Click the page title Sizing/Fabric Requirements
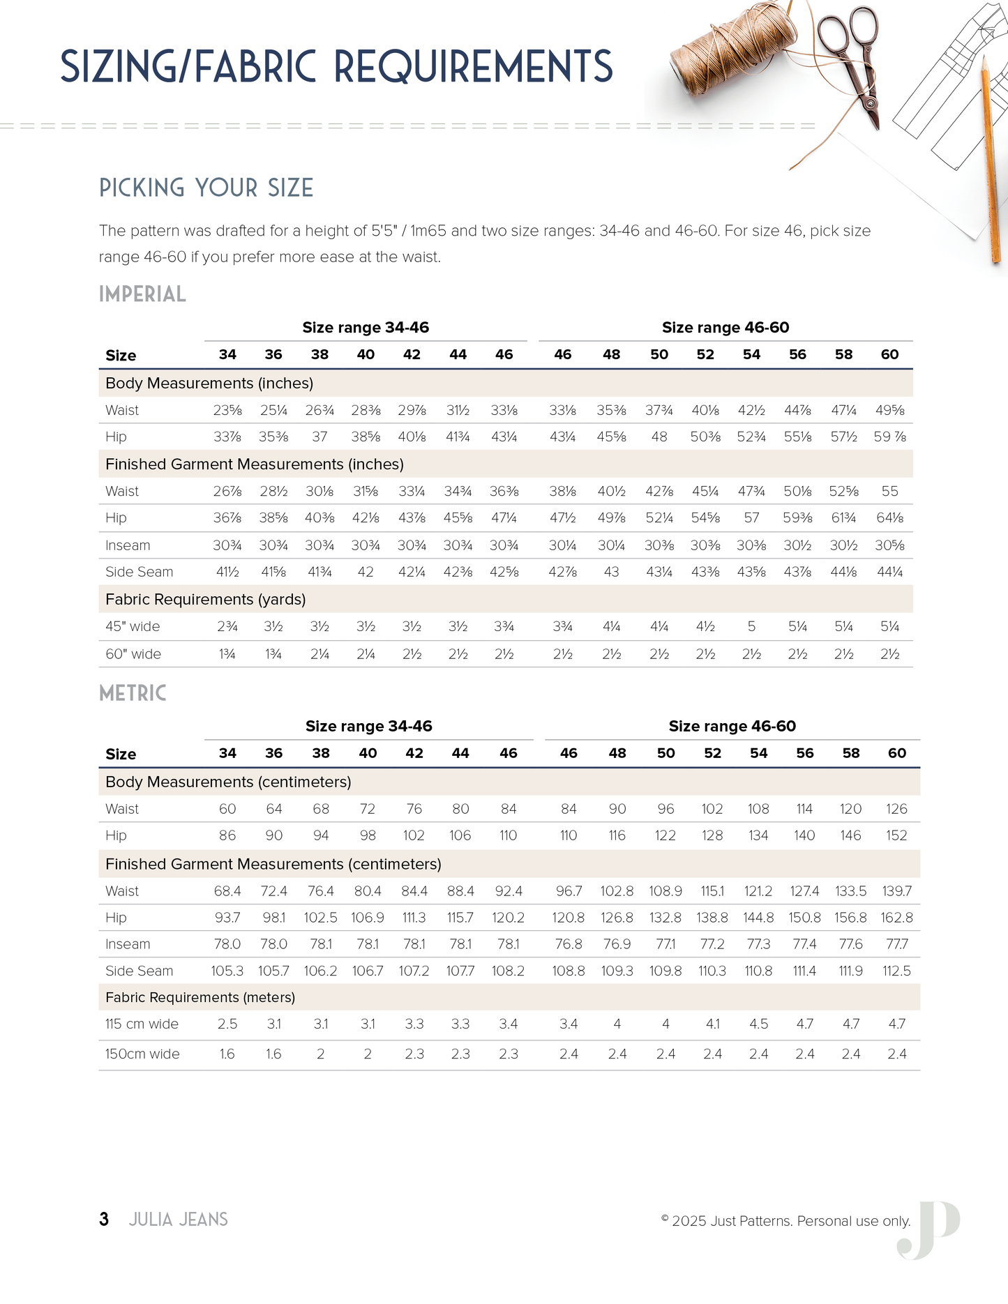336,67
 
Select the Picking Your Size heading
206,188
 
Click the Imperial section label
142,294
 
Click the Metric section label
133,693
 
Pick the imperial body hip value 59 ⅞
889,437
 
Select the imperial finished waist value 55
889,492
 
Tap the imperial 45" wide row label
133,627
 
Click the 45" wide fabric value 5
751,627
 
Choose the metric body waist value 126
896,809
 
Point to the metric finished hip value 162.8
896,918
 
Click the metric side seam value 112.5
896,971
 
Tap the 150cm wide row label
142,1054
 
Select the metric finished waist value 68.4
227,891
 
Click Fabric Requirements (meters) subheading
200,998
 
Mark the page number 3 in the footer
104,1220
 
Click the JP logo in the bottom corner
929,1229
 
